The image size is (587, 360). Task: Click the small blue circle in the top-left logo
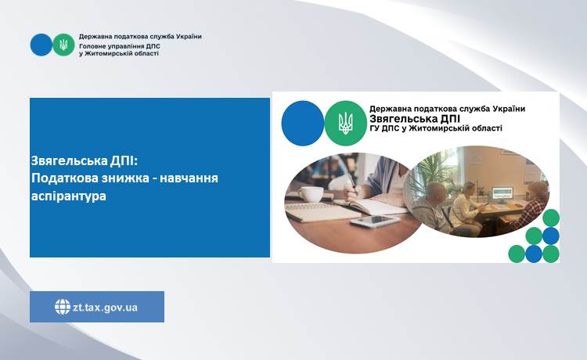pos(41,45)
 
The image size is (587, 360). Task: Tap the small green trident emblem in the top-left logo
pos(63,45)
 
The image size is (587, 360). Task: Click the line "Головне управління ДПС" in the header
pos(120,46)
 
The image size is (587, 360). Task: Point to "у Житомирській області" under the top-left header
pos(119,53)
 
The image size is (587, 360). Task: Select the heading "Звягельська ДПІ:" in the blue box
pos(85,161)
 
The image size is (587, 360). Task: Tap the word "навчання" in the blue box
pos(189,178)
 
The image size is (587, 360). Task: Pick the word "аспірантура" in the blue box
pos(69,196)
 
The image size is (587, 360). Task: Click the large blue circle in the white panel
pos(302,123)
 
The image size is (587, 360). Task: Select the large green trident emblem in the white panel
pos(345,123)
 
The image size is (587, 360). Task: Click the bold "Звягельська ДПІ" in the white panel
pos(415,119)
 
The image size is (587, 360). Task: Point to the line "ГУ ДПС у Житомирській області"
pos(436,128)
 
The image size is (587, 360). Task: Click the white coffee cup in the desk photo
pos(310,194)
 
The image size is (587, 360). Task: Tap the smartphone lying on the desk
pos(375,221)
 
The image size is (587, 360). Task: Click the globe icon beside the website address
pos(63,307)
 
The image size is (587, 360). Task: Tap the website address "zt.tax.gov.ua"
pos(105,308)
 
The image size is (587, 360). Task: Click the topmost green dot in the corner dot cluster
pos(551,218)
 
